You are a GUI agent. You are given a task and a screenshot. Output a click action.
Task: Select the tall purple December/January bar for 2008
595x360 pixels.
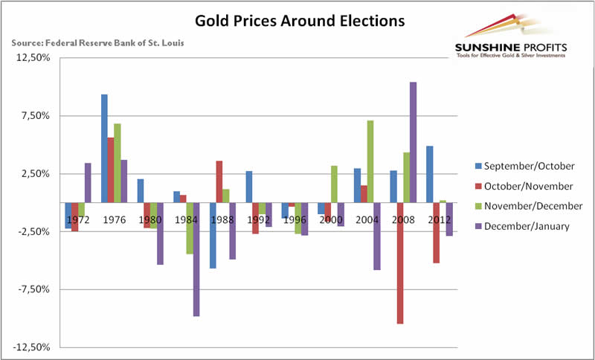click(413, 142)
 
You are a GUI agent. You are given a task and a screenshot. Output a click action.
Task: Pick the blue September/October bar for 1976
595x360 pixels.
click(105, 148)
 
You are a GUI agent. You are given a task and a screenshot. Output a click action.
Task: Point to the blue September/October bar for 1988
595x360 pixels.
click(213, 235)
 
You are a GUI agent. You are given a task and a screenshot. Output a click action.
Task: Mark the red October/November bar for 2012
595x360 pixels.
click(436, 232)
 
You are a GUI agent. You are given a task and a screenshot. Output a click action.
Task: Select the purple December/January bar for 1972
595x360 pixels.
click(88, 182)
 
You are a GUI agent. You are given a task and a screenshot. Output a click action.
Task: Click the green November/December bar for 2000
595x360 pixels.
click(334, 184)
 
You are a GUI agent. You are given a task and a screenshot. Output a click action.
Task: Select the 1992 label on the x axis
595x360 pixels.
click(260, 221)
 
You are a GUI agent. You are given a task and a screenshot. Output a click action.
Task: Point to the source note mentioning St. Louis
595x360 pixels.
click(98, 42)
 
